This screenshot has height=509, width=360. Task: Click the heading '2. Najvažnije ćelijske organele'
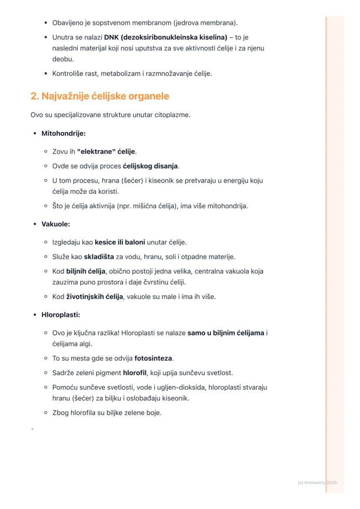click(x=100, y=96)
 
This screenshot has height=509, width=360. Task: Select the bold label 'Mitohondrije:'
click(x=63, y=133)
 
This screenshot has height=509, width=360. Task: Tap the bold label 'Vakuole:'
click(x=56, y=224)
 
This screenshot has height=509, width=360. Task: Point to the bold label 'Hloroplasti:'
click(x=61, y=315)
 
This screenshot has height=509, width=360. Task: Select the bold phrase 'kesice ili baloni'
click(x=120, y=242)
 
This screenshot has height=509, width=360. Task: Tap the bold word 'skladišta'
click(x=99, y=257)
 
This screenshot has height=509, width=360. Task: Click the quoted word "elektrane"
click(x=93, y=152)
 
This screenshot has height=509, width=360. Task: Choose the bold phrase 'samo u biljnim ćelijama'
click(x=226, y=333)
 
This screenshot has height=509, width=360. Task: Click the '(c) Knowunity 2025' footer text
click(x=317, y=482)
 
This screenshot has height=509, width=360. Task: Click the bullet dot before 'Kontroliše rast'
click(x=46, y=74)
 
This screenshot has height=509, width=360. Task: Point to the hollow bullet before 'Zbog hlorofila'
click(x=46, y=413)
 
